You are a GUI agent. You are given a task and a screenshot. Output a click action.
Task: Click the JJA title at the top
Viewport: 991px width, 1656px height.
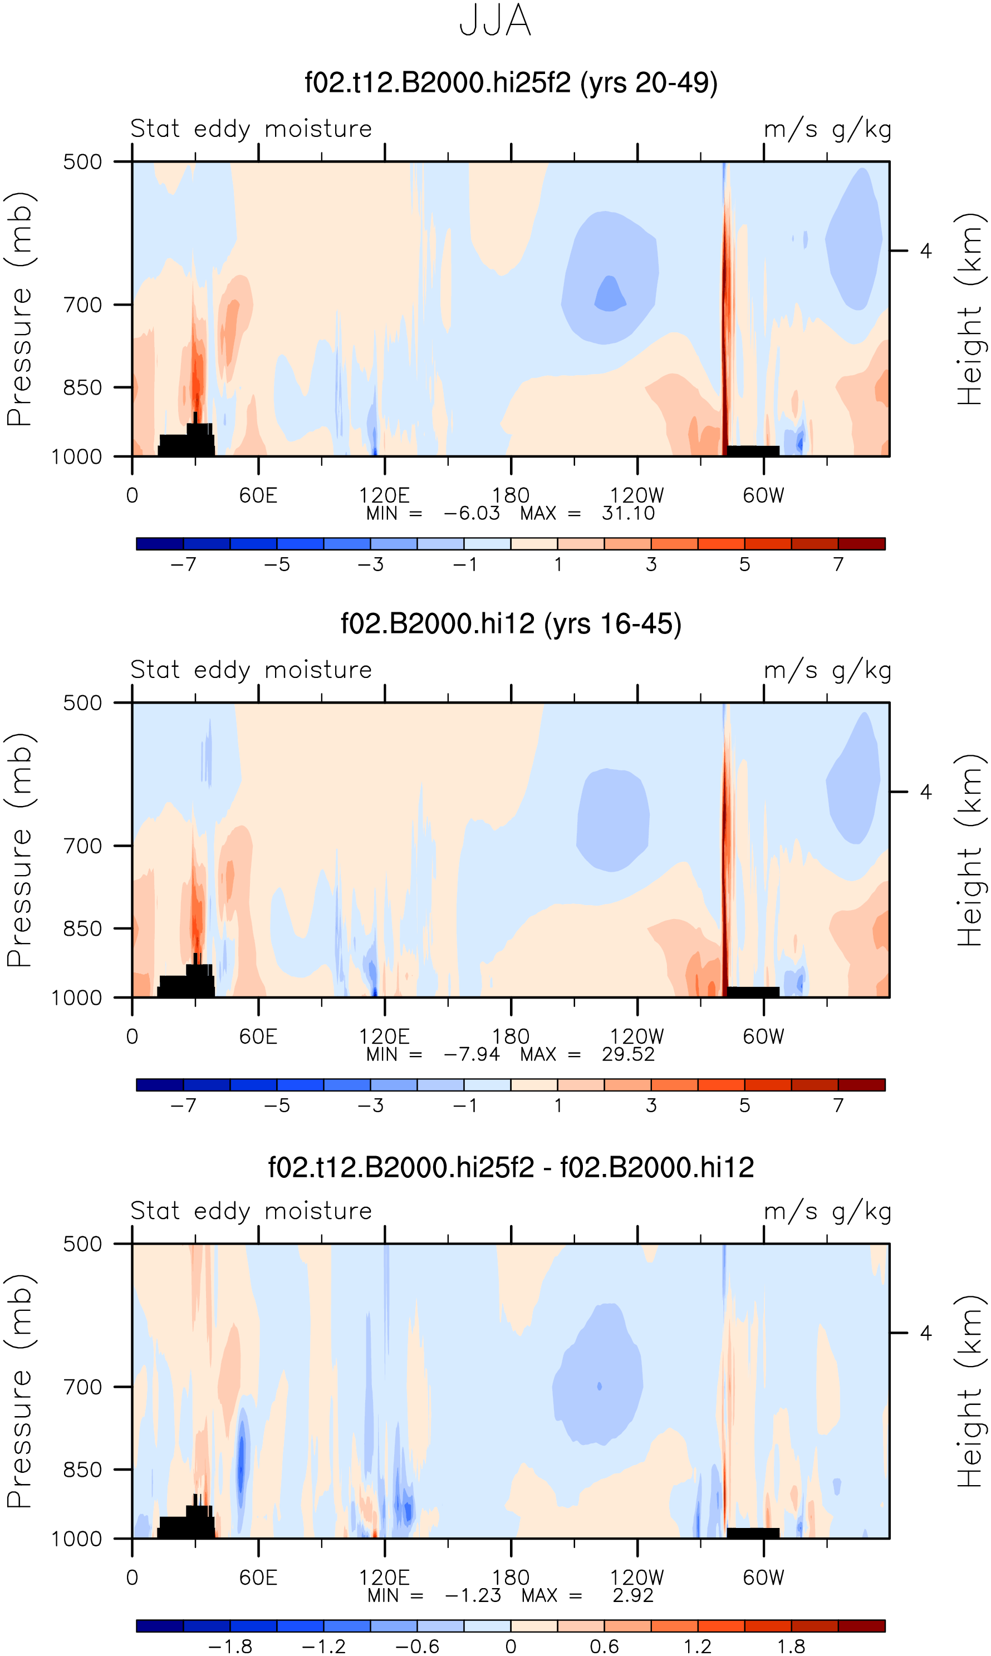coord(495,21)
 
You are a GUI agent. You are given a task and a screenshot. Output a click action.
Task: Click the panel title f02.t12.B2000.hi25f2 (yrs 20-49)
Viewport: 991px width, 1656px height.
coord(511,83)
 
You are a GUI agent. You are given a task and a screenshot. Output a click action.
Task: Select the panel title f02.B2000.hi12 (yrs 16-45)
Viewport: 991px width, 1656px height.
coord(511,623)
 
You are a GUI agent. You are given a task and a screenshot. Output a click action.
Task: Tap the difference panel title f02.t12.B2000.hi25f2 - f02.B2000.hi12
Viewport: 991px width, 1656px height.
coord(511,1167)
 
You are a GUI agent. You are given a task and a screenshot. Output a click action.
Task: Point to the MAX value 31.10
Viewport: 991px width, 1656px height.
coord(627,513)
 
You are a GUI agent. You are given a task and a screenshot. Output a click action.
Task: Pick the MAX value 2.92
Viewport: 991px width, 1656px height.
coord(632,1595)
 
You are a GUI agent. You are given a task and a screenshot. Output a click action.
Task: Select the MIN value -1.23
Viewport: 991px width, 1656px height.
coord(473,1595)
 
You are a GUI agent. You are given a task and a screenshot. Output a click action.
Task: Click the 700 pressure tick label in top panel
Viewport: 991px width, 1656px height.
coord(83,305)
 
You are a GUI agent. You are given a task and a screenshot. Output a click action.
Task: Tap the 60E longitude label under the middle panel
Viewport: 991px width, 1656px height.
coord(258,1036)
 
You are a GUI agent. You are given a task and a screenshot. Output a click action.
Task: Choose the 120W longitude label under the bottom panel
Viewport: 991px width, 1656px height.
coord(637,1578)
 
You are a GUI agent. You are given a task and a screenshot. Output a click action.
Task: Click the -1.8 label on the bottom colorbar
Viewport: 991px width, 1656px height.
coord(230,1646)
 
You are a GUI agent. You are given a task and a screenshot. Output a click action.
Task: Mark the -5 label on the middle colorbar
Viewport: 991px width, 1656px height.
coord(277,1105)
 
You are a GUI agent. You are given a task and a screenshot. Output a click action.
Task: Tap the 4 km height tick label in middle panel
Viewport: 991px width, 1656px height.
coord(925,792)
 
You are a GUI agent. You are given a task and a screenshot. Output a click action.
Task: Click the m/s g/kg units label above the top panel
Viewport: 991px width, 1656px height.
coord(828,129)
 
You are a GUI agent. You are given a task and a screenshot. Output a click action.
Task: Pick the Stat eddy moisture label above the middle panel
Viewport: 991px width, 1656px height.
coord(251,670)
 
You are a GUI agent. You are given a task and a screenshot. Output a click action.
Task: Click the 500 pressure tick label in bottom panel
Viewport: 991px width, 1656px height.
coord(83,1244)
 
